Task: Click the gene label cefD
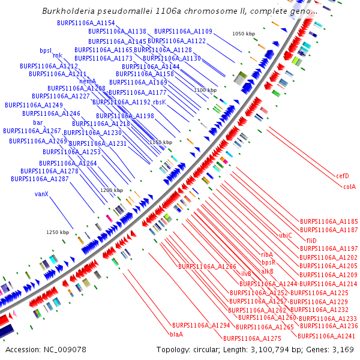point(343,176)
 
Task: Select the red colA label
point(349,187)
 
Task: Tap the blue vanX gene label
point(41,194)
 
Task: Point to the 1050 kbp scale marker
point(244,34)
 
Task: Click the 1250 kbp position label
point(58,232)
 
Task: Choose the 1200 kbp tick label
point(112,190)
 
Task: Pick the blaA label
point(176,334)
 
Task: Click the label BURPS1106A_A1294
point(201,325)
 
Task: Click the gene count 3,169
point(341,349)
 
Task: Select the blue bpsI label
point(46,50)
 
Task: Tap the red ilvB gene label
point(246,274)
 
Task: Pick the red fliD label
point(311,241)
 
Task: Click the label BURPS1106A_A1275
point(252,338)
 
